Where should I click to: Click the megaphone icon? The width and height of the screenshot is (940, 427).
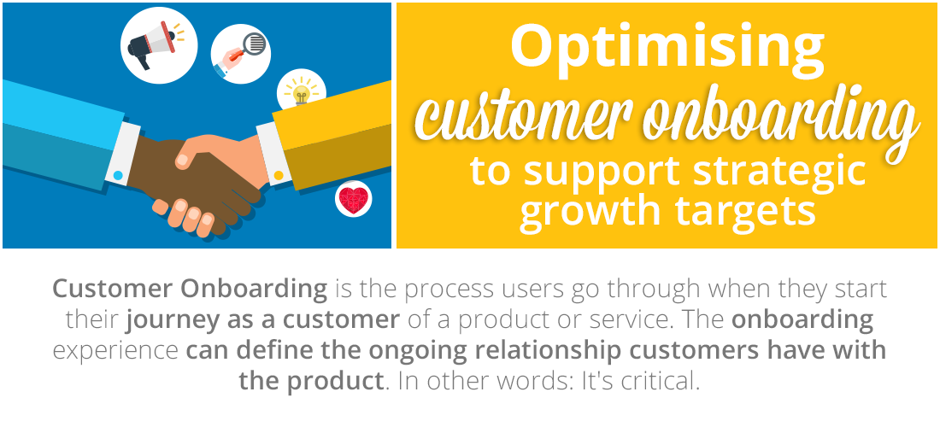click(151, 43)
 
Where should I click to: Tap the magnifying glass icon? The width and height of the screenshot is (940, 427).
click(242, 54)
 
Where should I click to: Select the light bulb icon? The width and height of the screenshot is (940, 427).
click(302, 93)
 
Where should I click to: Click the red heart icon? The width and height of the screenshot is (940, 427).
click(353, 200)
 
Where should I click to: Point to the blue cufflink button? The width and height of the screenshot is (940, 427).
click(118, 175)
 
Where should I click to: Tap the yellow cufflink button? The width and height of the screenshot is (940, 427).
click(279, 175)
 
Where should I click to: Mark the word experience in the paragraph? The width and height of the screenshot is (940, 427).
click(115, 352)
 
